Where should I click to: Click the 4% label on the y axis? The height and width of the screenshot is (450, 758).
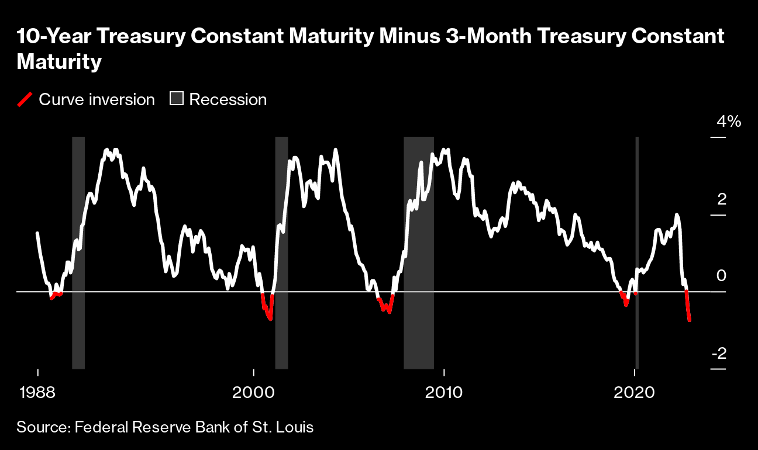[x=729, y=122]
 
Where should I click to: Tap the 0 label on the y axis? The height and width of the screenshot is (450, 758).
[x=722, y=276]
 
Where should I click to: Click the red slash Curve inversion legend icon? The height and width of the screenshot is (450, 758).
[x=25, y=99]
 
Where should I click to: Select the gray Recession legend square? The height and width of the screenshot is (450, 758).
[x=176, y=99]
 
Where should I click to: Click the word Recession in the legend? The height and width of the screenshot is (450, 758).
[x=228, y=99]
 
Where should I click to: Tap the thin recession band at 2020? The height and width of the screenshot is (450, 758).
[x=637, y=327]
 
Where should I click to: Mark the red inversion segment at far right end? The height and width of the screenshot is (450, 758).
[x=688, y=307]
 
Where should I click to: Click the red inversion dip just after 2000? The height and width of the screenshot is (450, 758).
[x=267, y=310]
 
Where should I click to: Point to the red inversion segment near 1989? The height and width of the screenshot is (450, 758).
[x=56, y=295]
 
